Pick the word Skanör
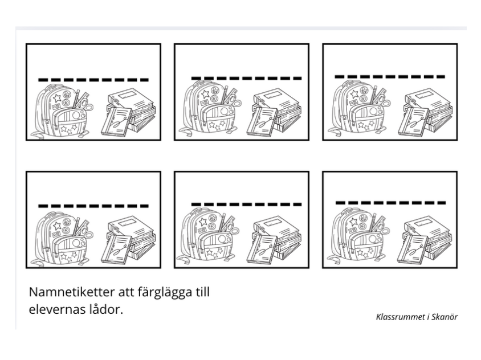point(445,317)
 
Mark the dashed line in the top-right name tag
point(390,77)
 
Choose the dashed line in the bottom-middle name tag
point(246,204)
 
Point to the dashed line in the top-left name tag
point(93,80)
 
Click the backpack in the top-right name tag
point(359,109)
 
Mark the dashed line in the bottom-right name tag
point(390,203)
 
